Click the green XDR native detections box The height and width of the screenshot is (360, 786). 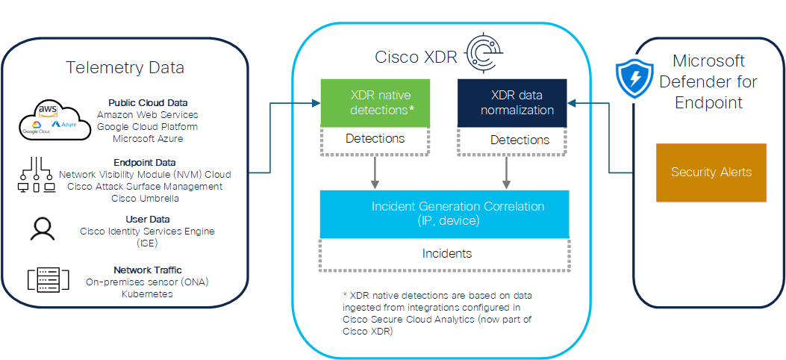pyautogui.click(x=375, y=103)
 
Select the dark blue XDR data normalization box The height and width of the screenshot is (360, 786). pyautogui.click(x=512, y=103)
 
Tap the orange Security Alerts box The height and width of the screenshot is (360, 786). pyautogui.click(x=711, y=173)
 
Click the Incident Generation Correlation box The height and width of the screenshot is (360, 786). pyautogui.click(x=445, y=214)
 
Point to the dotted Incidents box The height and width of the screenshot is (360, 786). pyautogui.click(x=445, y=255)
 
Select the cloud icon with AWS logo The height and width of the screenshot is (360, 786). pyautogui.click(x=54, y=120)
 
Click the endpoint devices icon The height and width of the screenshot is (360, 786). pyautogui.click(x=37, y=175)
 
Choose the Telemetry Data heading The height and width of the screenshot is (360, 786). pyautogui.click(x=125, y=67)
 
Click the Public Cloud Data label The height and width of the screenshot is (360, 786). pyautogui.click(x=148, y=103)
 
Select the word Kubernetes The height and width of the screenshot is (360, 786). pyautogui.click(x=147, y=294)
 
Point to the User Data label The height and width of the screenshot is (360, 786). pyautogui.click(x=147, y=219)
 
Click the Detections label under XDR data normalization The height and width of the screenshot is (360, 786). pyautogui.click(x=520, y=140)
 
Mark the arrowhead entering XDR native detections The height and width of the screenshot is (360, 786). pyautogui.click(x=316, y=103)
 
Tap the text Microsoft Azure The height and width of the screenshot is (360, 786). pyautogui.click(x=148, y=139)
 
